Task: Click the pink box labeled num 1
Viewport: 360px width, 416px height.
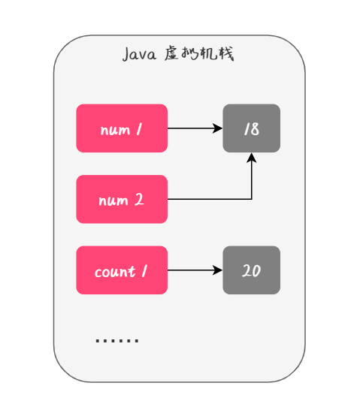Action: pyautogui.click(x=122, y=128)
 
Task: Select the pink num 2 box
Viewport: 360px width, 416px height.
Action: pyautogui.click(x=122, y=199)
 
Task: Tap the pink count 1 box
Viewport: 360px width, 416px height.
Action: pyautogui.click(x=122, y=270)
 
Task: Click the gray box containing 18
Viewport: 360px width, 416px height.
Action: pyautogui.click(x=251, y=128)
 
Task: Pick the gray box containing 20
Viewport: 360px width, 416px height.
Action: pyautogui.click(x=251, y=270)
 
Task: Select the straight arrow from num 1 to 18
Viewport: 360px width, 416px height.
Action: pyautogui.click(x=194, y=128)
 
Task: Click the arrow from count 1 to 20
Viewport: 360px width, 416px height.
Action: pyautogui.click(x=194, y=270)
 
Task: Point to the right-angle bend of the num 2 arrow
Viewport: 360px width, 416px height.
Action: pyautogui.click(x=252, y=199)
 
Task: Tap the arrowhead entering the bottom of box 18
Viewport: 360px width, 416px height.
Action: pyautogui.click(x=252, y=158)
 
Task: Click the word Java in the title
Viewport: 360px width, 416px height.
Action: pyautogui.click(x=139, y=56)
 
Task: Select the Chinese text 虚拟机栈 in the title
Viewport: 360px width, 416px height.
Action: pyautogui.click(x=199, y=56)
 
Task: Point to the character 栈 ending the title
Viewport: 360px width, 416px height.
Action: pyautogui.click(x=225, y=56)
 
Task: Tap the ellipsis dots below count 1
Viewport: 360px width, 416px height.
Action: pyautogui.click(x=117, y=341)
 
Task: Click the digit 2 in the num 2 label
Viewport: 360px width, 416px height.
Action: pyautogui.click(x=140, y=200)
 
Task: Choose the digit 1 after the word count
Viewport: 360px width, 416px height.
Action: pyautogui.click(x=143, y=271)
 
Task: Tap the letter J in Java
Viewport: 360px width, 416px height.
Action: pyautogui.click(x=126, y=56)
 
